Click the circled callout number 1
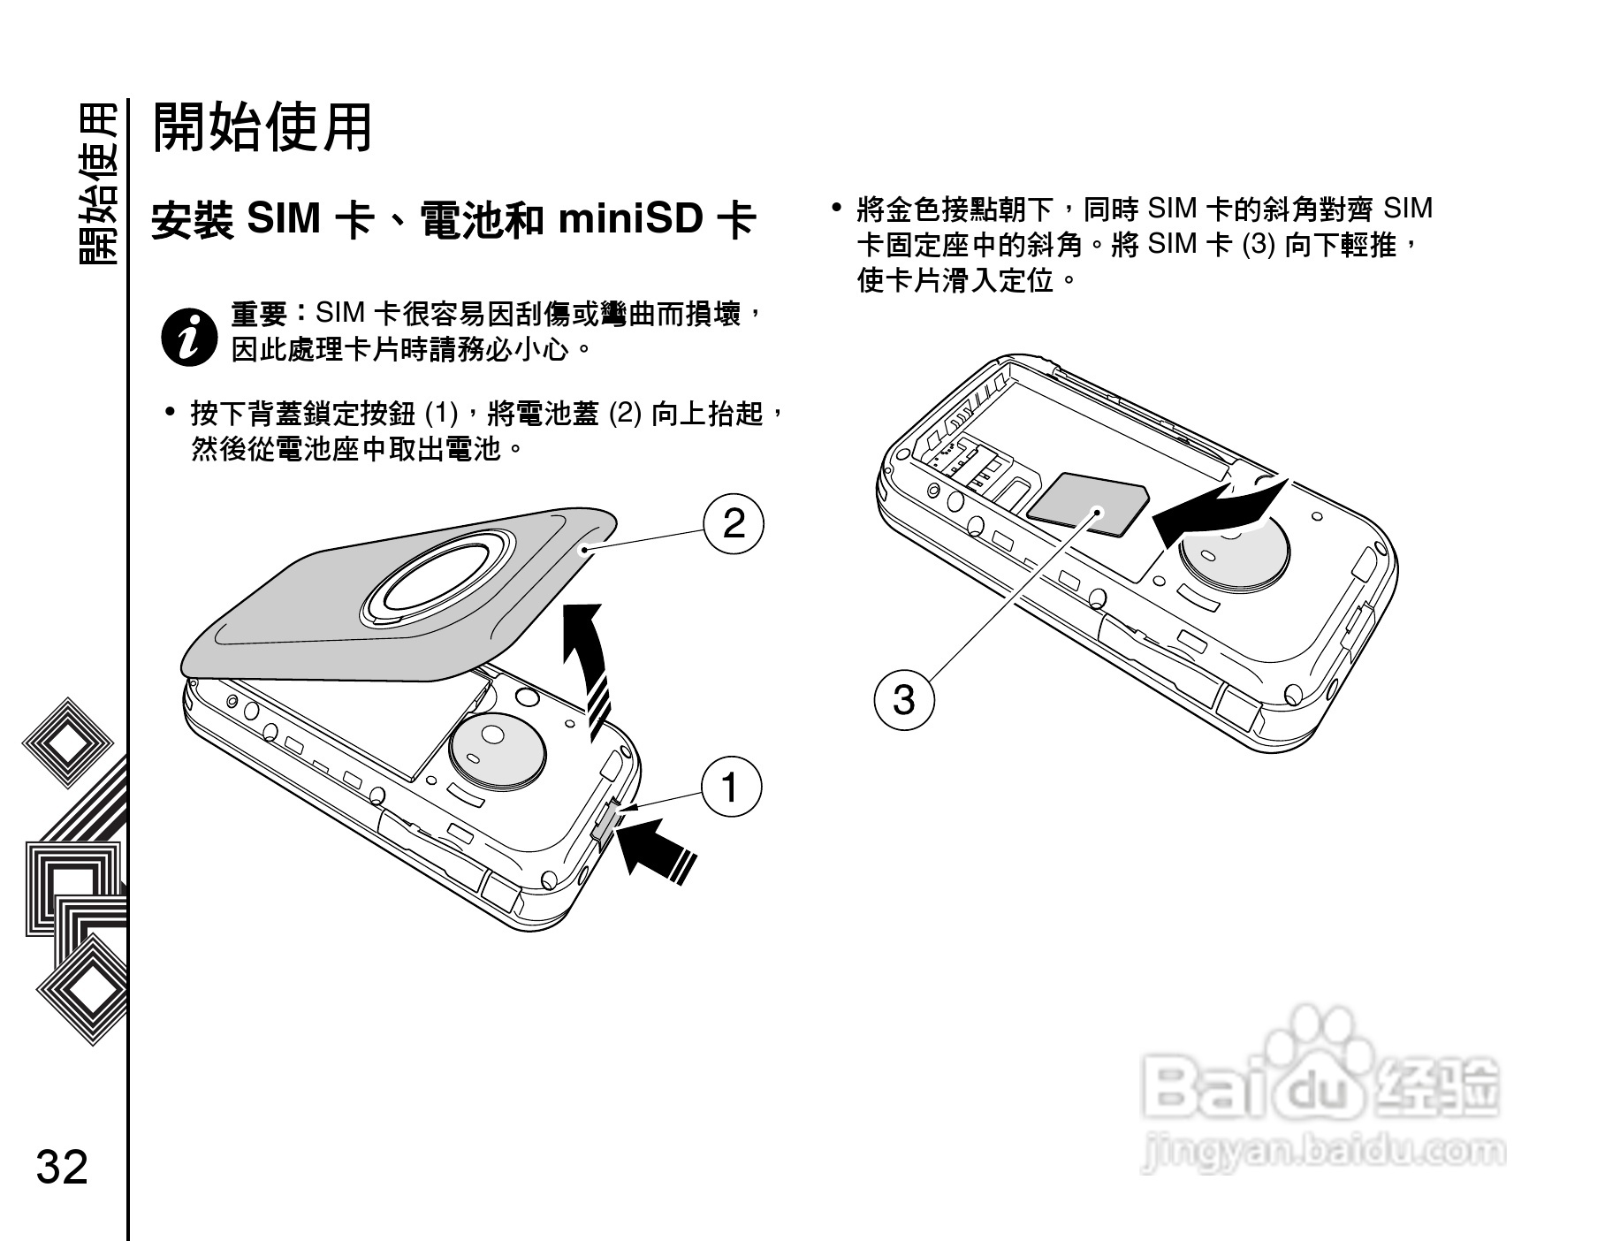pyautogui.click(x=731, y=786)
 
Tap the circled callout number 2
pyautogui.click(x=734, y=523)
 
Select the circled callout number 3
pyautogui.click(x=903, y=700)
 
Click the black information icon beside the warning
pyautogui.click(x=188, y=336)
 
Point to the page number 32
pyautogui.click(x=63, y=1167)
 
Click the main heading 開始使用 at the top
pyautogui.click(x=262, y=128)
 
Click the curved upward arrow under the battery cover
pyautogui.click(x=589, y=663)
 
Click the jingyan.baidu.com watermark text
pyautogui.click(x=1322, y=1151)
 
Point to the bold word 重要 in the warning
pyautogui.click(x=258, y=314)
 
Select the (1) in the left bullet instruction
pyautogui.click(x=442, y=413)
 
